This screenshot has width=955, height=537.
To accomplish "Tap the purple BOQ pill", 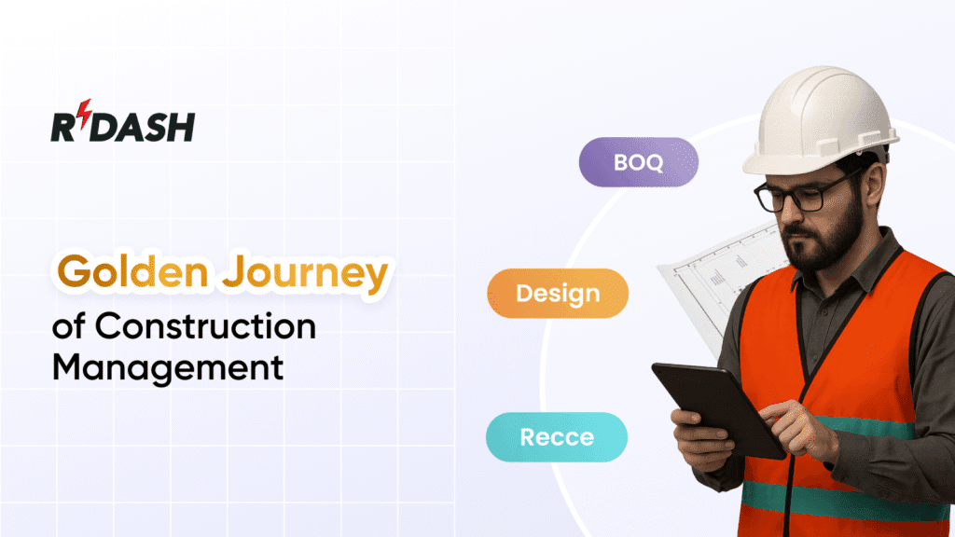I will pos(639,161).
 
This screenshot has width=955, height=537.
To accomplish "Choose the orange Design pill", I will pos(558,294).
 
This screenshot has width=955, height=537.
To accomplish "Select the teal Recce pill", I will pos(557,436).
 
